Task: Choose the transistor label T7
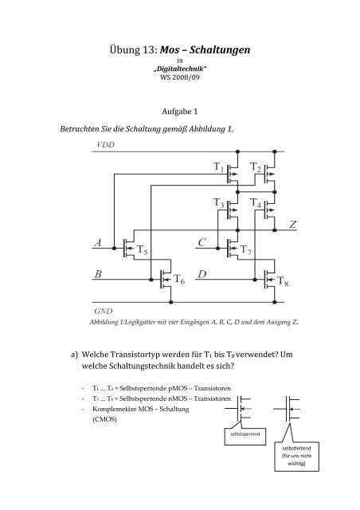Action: (246, 251)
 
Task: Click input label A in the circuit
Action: (97, 241)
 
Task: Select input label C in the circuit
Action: (202, 241)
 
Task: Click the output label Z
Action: (293, 226)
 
